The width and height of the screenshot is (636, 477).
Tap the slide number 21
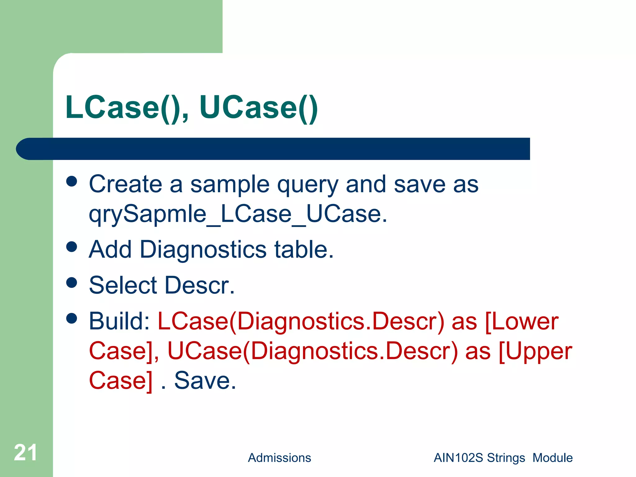(x=25, y=452)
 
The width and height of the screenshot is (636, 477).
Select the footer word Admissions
(x=279, y=458)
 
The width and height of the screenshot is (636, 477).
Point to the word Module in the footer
(x=552, y=458)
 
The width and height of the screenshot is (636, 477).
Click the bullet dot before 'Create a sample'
(x=72, y=182)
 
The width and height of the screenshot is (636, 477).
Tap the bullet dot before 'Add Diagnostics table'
(x=72, y=247)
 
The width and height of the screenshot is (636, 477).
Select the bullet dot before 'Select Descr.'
(x=72, y=283)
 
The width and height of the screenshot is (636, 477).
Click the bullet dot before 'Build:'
(x=72, y=318)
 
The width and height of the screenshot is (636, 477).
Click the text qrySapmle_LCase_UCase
(x=238, y=214)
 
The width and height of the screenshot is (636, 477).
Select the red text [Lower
(x=521, y=321)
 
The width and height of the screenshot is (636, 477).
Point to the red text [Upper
(x=535, y=352)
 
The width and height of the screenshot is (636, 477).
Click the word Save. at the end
(x=205, y=380)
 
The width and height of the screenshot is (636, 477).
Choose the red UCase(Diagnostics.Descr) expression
(x=312, y=352)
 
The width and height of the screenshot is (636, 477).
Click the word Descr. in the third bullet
(x=199, y=285)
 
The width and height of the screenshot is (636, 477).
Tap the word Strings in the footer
(x=506, y=458)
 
